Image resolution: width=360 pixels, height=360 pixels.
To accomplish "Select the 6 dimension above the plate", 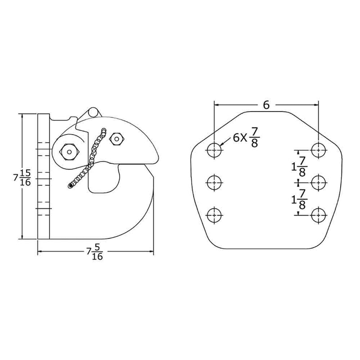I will coord(266,105).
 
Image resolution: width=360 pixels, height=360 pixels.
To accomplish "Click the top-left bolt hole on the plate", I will coord(215,149).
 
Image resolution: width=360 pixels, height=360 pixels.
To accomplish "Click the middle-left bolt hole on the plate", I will coord(215,182).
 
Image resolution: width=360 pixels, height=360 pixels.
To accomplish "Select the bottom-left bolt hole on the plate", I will coord(215,215).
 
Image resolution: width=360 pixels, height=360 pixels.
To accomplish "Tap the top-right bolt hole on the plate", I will coord(319,149).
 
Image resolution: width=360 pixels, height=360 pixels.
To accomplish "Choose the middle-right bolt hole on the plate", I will coord(319,182).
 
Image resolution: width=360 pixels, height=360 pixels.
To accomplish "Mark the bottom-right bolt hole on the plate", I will coord(319,215).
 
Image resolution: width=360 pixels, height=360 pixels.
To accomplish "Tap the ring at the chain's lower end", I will coord(70,185).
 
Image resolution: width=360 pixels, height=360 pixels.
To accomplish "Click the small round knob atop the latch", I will coord(93,111).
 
